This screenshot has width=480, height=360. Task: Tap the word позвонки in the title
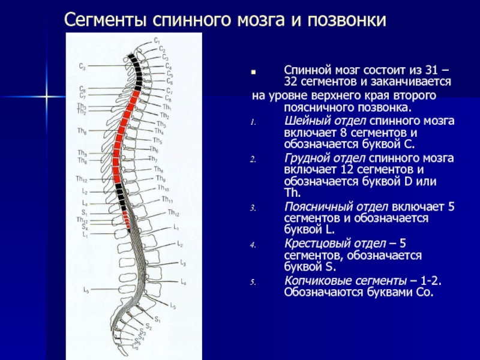pos(347,21)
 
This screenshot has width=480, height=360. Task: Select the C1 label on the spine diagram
pos(157,40)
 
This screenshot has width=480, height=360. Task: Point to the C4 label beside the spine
pos(169,66)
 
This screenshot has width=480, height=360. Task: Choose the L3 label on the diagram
pos(183,263)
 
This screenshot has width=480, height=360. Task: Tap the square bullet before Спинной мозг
pos(254,71)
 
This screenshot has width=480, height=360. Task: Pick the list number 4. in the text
pos(253,245)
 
